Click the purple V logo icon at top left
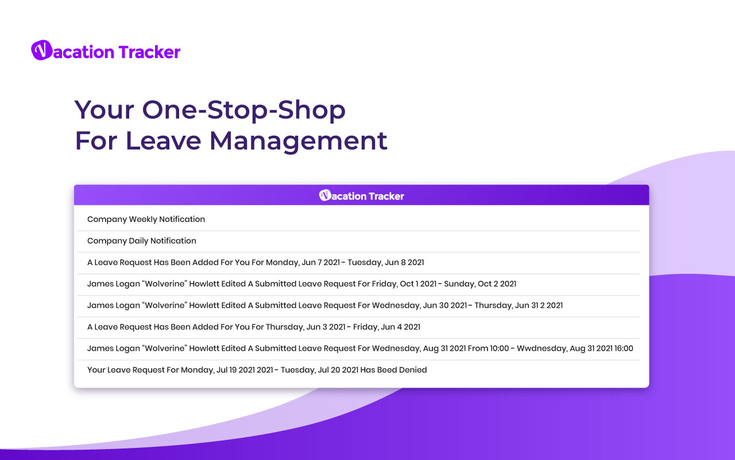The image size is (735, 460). point(42,50)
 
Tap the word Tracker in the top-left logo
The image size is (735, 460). point(150,52)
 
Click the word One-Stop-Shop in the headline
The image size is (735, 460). point(244,110)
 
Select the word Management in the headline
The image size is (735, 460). point(298,141)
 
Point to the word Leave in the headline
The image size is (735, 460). point(163,141)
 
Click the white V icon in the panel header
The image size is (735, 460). point(325,195)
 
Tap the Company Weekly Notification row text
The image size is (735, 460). point(146,220)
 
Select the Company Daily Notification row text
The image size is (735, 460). point(142,241)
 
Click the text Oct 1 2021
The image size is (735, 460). point(418,284)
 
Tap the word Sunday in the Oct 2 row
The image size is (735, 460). point(459,284)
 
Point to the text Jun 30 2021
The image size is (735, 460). point(445,305)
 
